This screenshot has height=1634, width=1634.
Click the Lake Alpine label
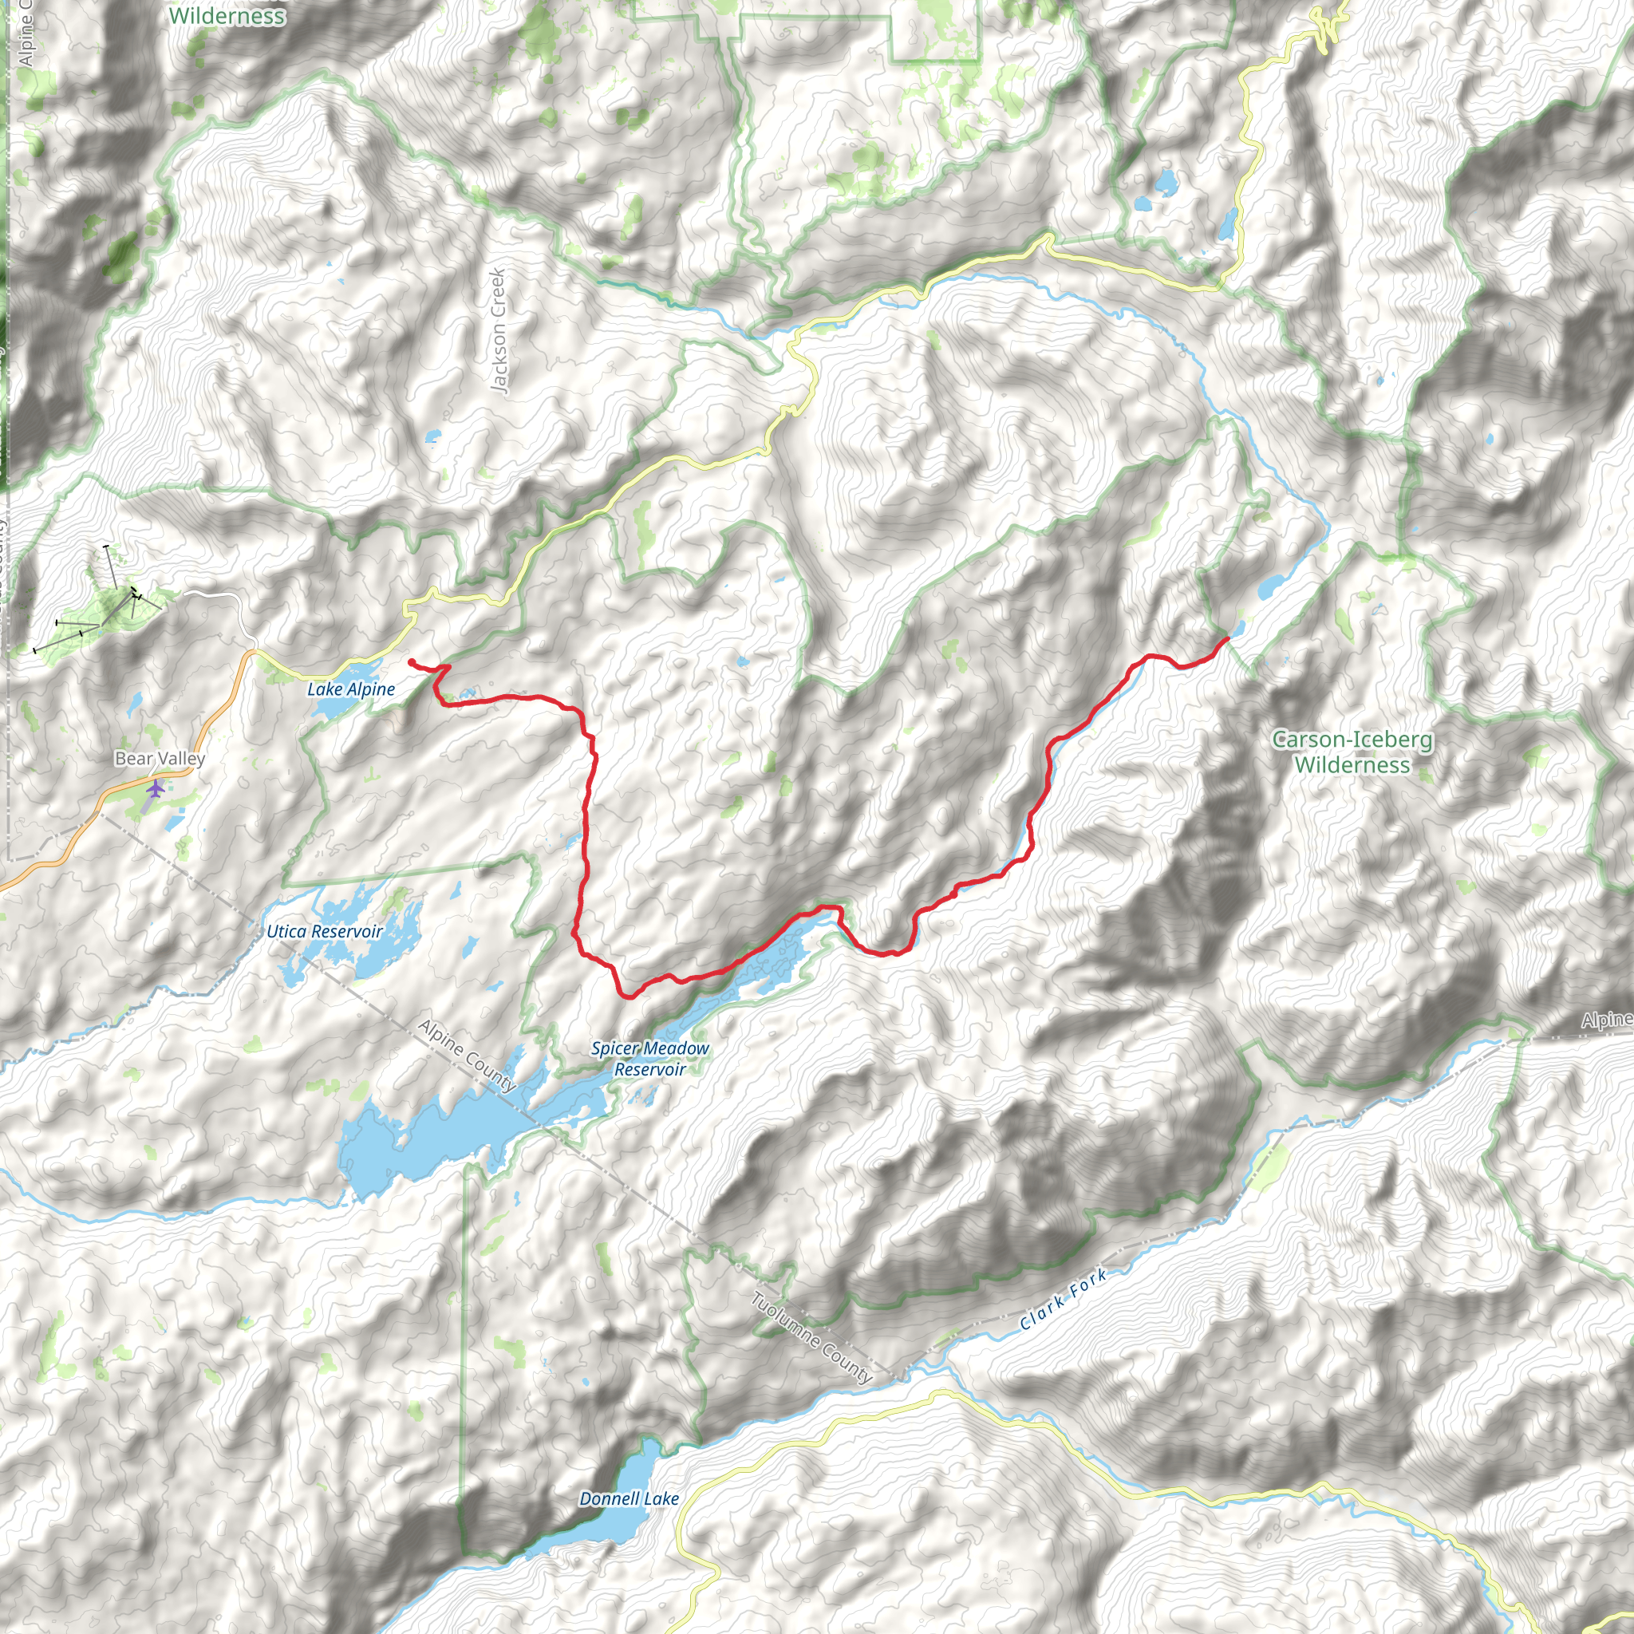[x=350, y=689]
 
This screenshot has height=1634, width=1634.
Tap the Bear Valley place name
[x=160, y=758]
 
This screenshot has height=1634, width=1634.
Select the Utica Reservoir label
[x=325, y=931]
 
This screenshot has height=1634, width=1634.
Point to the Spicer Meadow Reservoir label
[x=649, y=1058]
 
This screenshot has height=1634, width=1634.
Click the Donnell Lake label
[x=629, y=1498]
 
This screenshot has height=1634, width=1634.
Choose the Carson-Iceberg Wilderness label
[x=1352, y=752]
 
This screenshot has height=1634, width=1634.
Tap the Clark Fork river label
[x=1063, y=1300]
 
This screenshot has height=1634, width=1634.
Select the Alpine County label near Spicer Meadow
[x=467, y=1056]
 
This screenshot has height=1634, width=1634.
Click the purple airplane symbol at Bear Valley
[x=156, y=789]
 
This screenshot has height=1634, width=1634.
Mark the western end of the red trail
[x=410, y=661]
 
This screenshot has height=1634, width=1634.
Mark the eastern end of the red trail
[x=1226, y=637]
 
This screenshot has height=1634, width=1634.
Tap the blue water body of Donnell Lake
[x=630, y=1531]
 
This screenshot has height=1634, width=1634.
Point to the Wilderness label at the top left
[x=227, y=16]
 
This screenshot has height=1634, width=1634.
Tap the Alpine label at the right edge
[x=1607, y=1020]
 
